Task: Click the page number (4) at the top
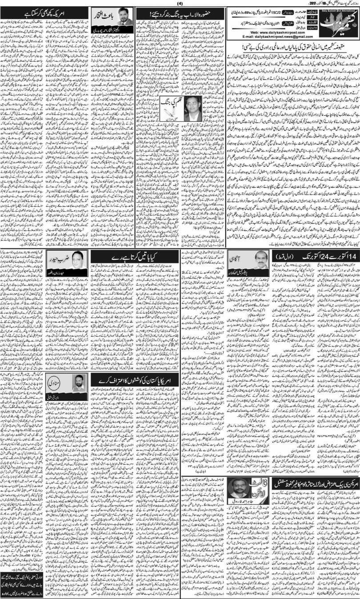[x=180, y=4]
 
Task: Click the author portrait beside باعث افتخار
[x=123, y=29]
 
